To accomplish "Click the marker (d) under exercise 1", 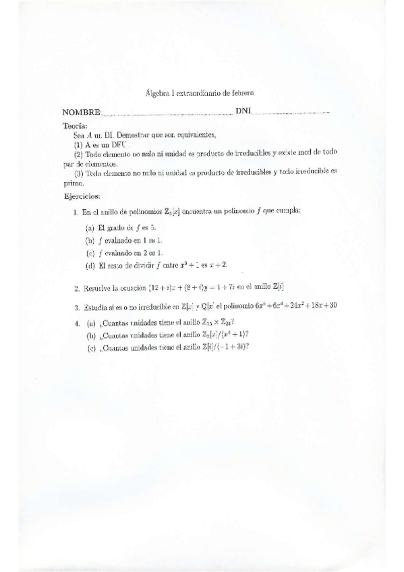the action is click(90, 265).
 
